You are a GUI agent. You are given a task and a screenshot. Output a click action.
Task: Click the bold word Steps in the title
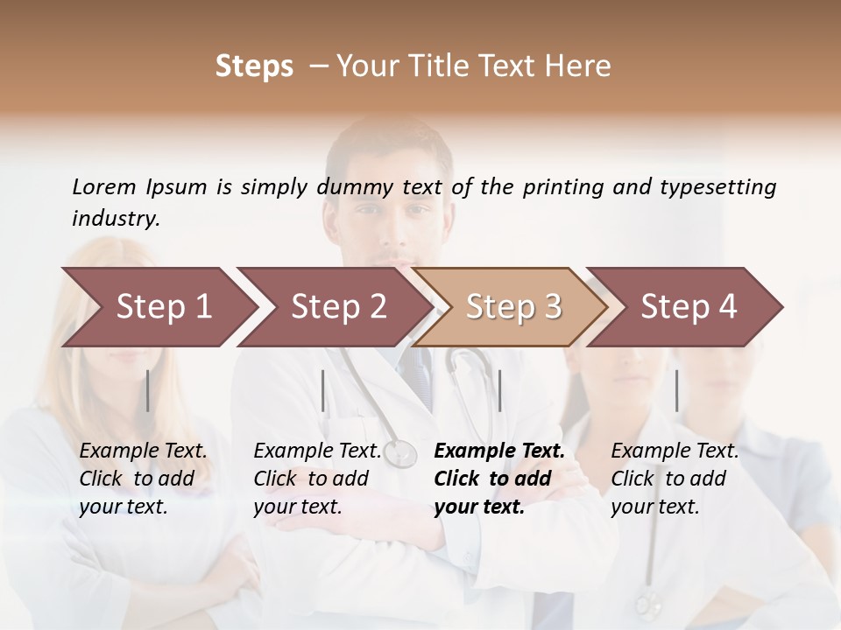tap(254, 66)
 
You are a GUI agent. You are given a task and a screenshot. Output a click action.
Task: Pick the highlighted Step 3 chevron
tap(512, 307)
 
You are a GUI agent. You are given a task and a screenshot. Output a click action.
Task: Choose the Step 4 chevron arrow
tap(688, 307)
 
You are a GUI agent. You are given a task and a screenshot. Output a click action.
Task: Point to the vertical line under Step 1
tap(148, 390)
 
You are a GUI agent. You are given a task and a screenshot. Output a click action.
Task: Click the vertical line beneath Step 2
tap(323, 390)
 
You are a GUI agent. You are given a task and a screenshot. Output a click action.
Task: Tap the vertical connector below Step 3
tap(499, 390)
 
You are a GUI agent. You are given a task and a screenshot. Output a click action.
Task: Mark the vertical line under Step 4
tap(676, 390)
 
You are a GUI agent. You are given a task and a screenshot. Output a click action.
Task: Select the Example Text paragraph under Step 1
tap(143, 479)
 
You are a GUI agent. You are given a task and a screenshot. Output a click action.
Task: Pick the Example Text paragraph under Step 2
tap(317, 479)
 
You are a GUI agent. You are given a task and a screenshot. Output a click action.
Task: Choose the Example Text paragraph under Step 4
tap(675, 479)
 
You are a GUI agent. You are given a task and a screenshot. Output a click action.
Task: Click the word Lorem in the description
tap(103, 187)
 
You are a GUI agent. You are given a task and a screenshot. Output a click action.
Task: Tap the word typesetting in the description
tap(724, 187)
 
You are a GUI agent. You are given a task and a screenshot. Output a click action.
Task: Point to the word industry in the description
tap(114, 219)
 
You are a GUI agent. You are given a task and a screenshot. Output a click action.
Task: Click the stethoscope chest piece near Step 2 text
tap(401, 452)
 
